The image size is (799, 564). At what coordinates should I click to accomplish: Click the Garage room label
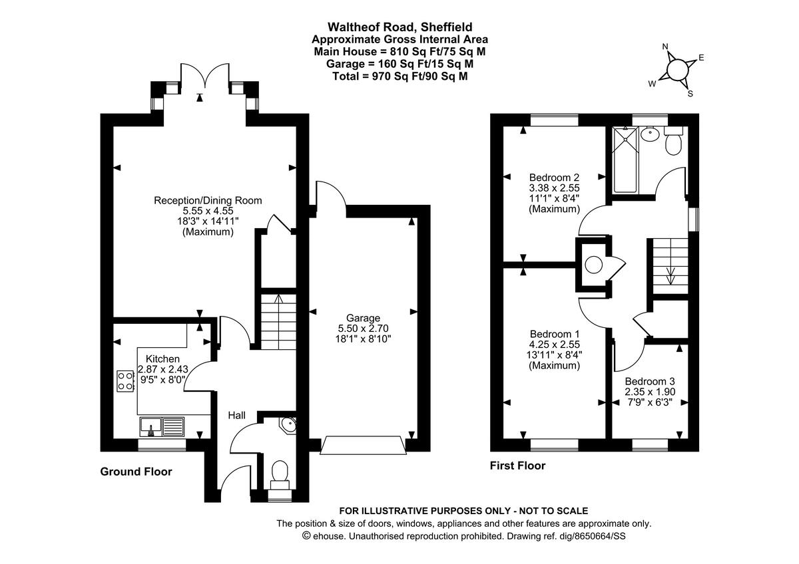[x=363, y=317]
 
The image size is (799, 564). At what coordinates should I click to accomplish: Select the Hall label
[x=237, y=416]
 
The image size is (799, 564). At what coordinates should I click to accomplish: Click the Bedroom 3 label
[x=650, y=381]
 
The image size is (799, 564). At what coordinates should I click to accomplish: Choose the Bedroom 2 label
[x=554, y=178]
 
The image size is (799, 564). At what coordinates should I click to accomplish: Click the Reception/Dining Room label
[x=208, y=200]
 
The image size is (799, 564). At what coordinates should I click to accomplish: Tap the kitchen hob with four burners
[x=125, y=380]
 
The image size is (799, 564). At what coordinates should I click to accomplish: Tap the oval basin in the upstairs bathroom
[x=649, y=135]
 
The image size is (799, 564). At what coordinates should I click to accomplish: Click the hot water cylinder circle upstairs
[x=593, y=265]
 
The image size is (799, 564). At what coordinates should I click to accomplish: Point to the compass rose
[x=677, y=69]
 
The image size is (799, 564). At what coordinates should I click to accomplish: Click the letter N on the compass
[x=665, y=47]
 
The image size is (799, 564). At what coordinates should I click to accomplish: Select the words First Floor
[x=518, y=466]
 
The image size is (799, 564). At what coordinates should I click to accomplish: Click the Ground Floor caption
[x=136, y=472]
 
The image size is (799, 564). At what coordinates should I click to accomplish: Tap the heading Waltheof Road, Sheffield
[x=400, y=27]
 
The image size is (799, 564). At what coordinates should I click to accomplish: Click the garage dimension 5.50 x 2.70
[x=363, y=328]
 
